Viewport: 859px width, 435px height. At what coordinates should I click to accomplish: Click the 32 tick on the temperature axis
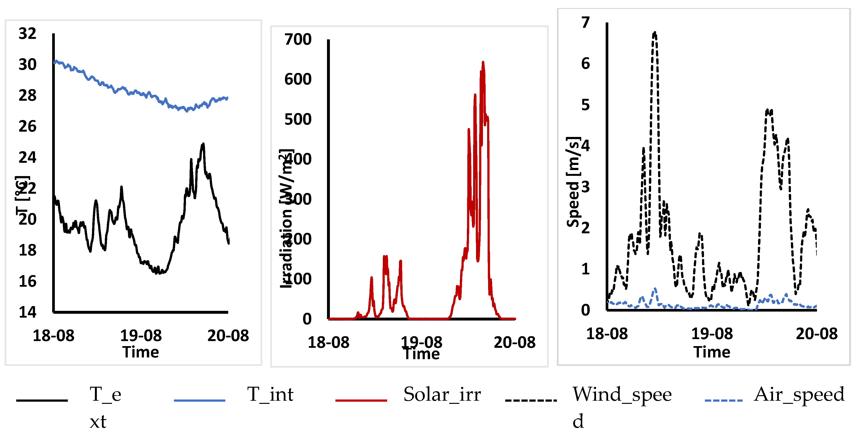coord(27,34)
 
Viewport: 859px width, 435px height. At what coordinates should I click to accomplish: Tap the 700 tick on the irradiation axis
coord(298,39)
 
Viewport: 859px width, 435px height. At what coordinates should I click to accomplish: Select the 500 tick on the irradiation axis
coord(298,119)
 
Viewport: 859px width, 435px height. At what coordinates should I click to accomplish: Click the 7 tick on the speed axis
coord(586,23)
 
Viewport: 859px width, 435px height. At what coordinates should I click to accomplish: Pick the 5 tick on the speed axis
coord(586,105)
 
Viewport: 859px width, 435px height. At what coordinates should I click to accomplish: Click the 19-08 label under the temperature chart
coord(141,335)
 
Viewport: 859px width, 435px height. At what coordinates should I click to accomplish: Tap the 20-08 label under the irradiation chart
coord(515,342)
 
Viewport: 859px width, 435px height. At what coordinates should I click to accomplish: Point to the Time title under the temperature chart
coord(141,352)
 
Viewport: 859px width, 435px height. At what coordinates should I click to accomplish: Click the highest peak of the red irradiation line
coord(483,62)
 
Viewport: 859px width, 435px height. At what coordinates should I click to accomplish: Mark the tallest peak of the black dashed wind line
coord(655,33)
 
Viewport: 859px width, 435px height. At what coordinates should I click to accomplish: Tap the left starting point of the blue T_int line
coord(54,62)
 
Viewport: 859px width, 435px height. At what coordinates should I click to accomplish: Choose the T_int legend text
coord(270,394)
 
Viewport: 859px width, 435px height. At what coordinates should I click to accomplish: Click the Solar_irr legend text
coord(442,394)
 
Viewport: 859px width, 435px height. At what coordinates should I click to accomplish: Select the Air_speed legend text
coord(799,394)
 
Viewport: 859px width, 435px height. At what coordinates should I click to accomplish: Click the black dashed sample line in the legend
coord(531,400)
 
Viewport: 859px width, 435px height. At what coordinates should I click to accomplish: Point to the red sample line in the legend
coord(361,400)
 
